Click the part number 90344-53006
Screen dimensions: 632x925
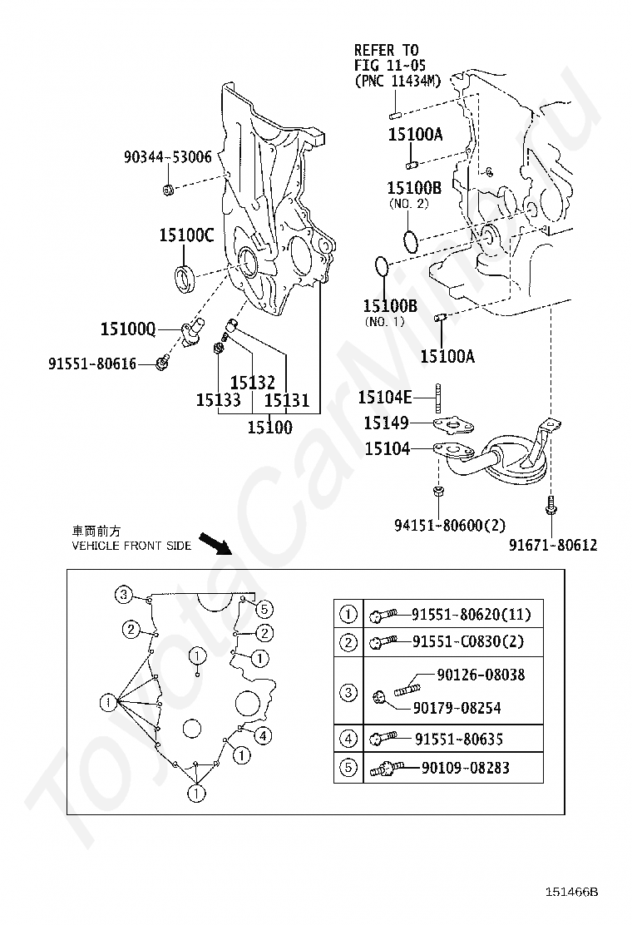167,157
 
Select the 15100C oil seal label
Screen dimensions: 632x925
186,235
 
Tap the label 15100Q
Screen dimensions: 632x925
128,329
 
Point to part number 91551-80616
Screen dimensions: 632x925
92,364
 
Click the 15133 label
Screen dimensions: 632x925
218,401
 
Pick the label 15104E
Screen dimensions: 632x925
385,397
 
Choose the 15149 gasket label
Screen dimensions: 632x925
386,423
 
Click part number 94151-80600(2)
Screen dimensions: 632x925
450,524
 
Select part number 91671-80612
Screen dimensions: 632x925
553,545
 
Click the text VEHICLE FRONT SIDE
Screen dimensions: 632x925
131,546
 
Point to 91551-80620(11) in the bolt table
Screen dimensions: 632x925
471,615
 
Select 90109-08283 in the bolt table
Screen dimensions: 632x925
465,768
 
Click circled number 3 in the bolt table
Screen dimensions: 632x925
348,691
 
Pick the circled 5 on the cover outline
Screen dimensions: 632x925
264,609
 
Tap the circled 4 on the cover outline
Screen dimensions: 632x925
263,735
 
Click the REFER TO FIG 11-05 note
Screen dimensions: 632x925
398,66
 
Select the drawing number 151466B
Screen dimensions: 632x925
570,892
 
